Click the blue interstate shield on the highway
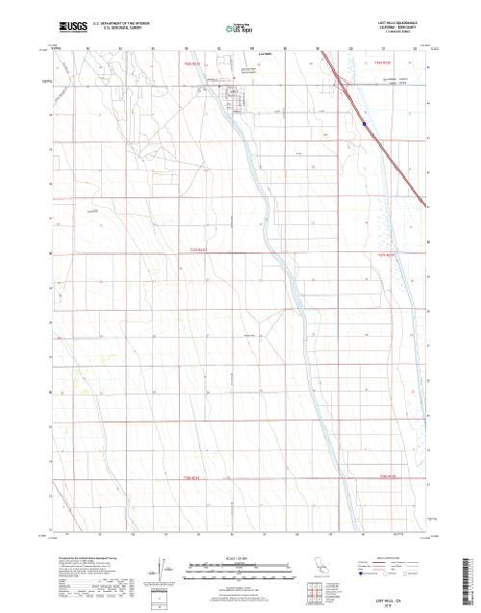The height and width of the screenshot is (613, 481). click(365, 122)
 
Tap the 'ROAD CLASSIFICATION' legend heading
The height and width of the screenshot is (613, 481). click(395, 557)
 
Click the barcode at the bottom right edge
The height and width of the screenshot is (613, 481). click(471, 577)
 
